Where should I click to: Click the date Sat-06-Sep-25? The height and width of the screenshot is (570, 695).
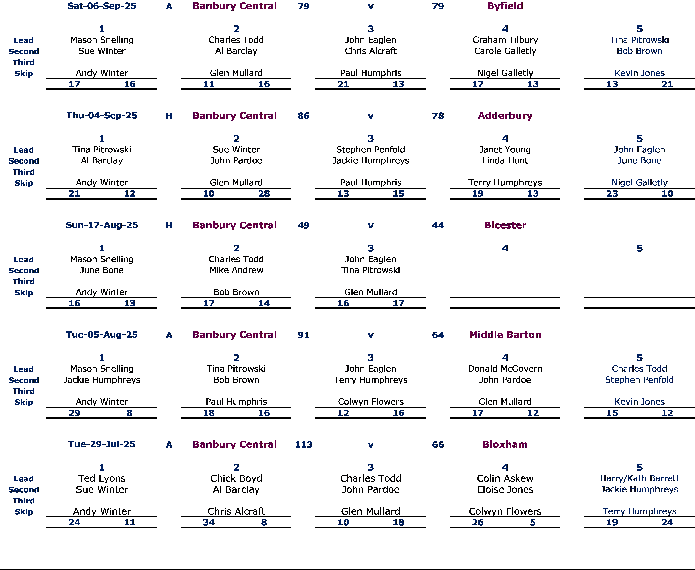click(102, 6)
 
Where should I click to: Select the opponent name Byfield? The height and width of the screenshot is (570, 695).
click(505, 6)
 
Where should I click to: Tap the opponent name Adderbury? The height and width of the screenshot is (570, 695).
click(505, 116)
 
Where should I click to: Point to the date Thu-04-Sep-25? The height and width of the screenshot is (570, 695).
click(102, 116)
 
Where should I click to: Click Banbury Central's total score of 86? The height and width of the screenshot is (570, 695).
click(303, 116)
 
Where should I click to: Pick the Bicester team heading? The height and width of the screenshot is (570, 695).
click(505, 225)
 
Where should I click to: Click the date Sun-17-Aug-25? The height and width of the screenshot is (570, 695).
click(102, 225)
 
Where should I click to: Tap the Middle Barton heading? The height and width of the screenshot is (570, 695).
click(505, 335)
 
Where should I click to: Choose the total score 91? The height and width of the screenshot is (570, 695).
click(303, 335)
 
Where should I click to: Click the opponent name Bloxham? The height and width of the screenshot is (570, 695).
click(505, 444)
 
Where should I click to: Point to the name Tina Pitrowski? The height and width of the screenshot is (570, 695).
click(639, 40)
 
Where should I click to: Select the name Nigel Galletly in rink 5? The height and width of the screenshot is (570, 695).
click(639, 183)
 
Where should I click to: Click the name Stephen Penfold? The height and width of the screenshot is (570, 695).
click(639, 380)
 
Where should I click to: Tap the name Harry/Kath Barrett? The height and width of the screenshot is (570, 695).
click(639, 478)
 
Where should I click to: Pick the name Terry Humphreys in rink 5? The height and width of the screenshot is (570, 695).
click(639, 511)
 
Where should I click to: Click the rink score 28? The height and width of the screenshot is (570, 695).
click(264, 194)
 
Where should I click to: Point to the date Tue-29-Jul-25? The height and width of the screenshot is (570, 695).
click(102, 444)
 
